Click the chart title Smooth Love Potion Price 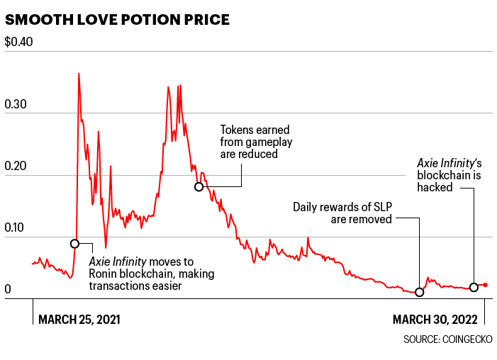coord(117,19)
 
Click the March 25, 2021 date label coord(79,319)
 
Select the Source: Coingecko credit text coord(448,340)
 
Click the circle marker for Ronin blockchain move coord(75,244)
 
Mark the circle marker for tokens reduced coord(199,186)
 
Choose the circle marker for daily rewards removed coord(419,292)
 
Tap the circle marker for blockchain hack coord(474,287)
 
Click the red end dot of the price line coord(485,285)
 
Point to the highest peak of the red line coord(78,74)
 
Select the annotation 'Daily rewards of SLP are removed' coord(342,213)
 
